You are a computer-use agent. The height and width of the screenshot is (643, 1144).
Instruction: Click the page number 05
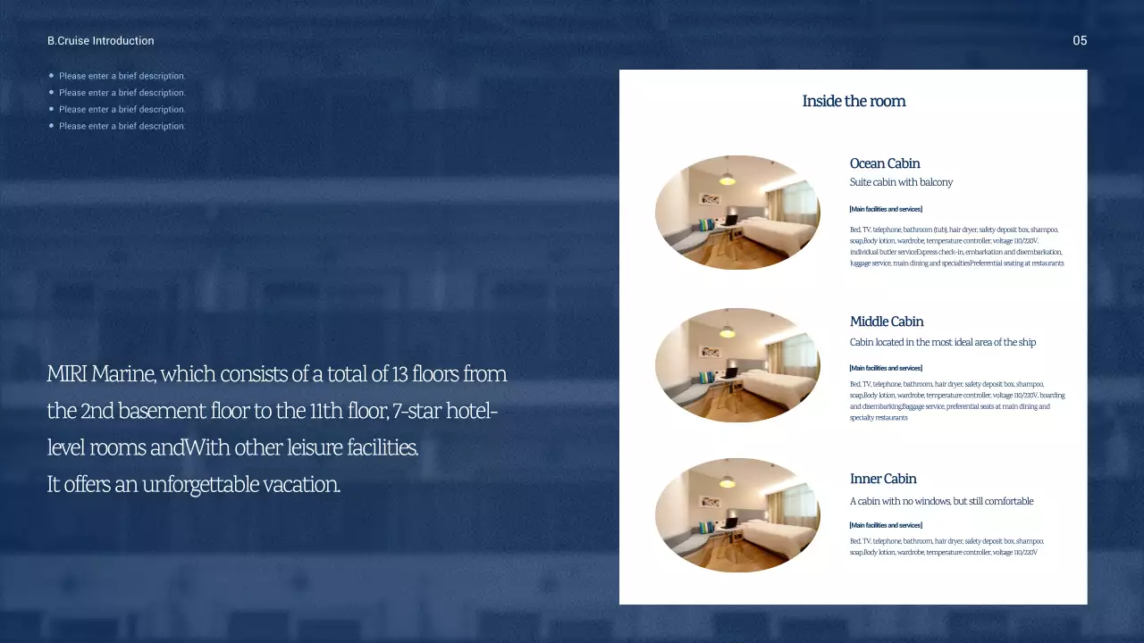pyautogui.click(x=1080, y=41)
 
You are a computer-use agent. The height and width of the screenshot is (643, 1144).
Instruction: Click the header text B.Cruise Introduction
pyautogui.click(x=100, y=41)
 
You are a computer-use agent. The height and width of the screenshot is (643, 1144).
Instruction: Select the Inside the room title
pyautogui.click(x=854, y=101)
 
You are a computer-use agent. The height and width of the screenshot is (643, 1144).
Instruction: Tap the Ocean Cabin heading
pyautogui.click(x=885, y=163)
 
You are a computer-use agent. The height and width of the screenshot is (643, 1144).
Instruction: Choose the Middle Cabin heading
pyautogui.click(x=887, y=321)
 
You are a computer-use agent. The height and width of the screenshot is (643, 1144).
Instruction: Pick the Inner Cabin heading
pyautogui.click(x=883, y=479)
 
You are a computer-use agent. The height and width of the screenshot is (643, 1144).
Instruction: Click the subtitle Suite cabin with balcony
pyautogui.click(x=901, y=182)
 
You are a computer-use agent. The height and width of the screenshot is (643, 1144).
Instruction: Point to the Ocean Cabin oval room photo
pyautogui.click(x=737, y=213)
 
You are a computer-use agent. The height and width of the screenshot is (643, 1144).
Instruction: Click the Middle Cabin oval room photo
pyautogui.click(x=737, y=365)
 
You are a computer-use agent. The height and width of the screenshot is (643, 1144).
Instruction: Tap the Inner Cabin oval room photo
pyautogui.click(x=737, y=515)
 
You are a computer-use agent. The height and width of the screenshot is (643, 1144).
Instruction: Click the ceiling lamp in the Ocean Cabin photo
pyautogui.click(x=728, y=179)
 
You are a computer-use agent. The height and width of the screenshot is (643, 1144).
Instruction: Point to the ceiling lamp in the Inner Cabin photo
pyautogui.click(x=728, y=481)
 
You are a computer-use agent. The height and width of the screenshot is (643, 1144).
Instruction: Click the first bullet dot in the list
pyautogui.click(x=52, y=76)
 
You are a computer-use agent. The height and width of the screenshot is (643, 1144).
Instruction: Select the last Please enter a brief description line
pyautogui.click(x=122, y=126)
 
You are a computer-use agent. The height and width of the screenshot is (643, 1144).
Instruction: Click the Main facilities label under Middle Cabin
pyautogui.click(x=886, y=368)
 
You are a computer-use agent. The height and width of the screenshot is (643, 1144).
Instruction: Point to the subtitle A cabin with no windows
pyautogui.click(x=941, y=501)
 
